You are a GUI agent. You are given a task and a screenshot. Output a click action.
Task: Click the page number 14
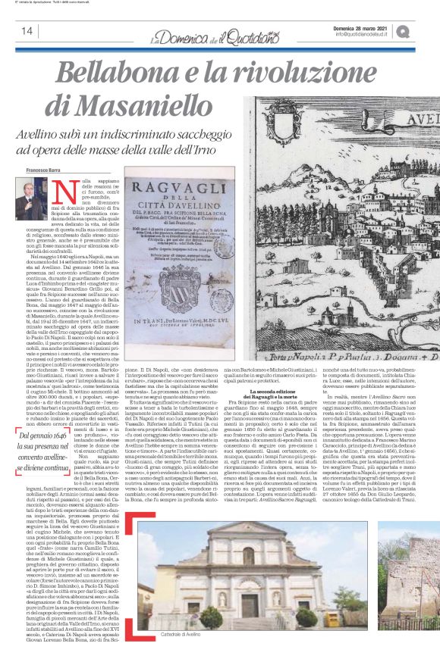[x=27, y=31]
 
